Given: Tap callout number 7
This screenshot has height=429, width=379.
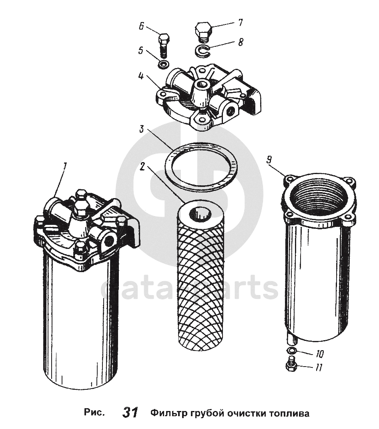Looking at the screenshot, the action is click(x=241, y=22).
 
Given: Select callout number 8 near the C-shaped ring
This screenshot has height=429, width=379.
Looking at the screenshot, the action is click(x=241, y=42).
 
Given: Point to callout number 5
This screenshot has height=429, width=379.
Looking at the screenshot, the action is click(x=141, y=50).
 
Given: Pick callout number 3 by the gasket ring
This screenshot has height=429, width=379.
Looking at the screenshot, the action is click(x=142, y=129).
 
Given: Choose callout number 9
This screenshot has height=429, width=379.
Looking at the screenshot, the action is click(x=269, y=160).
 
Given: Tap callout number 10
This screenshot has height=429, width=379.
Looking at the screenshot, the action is click(x=319, y=354).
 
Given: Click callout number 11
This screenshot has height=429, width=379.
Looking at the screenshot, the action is click(x=318, y=367).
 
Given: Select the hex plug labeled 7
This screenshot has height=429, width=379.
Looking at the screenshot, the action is click(x=203, y=32).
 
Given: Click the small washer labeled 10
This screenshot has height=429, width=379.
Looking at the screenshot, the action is click(x=292, y=351).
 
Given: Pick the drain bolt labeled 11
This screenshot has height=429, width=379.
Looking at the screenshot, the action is click(x=291, y=364).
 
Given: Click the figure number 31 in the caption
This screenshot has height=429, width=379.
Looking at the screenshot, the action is click(x=130, y=412).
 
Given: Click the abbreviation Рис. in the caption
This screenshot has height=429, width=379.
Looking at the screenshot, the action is click(x=94, y=412).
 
